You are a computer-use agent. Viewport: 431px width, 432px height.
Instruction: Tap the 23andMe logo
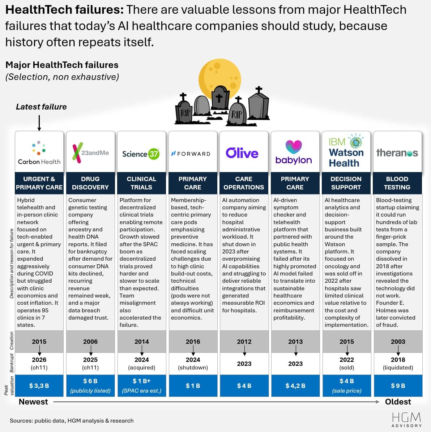[90, 153]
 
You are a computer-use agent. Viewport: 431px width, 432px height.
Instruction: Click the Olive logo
[242, 153]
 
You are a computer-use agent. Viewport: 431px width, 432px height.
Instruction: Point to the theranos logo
[397, 153]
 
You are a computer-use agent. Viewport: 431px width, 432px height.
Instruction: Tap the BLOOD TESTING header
[397, 183]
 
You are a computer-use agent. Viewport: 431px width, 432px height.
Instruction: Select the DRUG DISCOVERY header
[90, 183]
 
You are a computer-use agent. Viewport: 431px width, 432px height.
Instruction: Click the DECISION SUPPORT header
[346, 183]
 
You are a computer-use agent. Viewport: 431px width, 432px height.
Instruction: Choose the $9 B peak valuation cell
[398, 386]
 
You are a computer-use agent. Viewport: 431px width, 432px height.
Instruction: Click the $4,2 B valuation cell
[295, 386]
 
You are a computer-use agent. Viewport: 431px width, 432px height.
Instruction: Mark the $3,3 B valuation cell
[39, 386]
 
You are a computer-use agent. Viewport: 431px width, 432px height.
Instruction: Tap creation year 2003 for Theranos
[398, 342]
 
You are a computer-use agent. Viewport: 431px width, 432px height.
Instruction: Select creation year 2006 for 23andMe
[90, 342]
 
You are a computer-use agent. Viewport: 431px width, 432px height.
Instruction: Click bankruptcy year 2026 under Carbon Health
[39, 360]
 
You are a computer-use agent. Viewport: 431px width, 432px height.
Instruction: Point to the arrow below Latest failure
[39, 123]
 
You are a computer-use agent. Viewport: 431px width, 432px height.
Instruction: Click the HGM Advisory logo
[406, 419]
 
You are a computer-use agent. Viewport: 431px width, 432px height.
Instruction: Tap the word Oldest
[398, 402]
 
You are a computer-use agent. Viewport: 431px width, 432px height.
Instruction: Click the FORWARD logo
[191, 154]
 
